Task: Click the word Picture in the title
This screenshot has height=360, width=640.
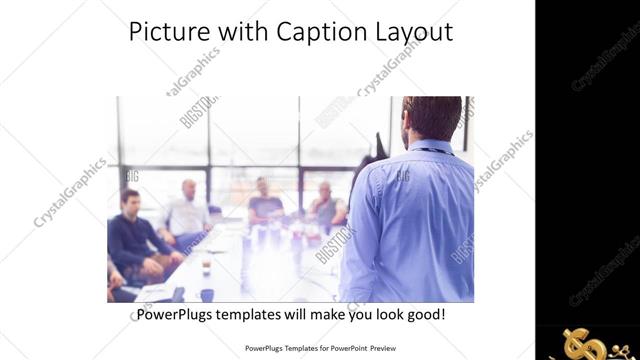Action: coord(166,32)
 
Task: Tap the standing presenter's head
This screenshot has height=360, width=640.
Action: coord(432,118)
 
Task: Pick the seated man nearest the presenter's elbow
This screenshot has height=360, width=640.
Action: coord(324,206)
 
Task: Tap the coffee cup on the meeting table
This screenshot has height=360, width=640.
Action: coord(206,268)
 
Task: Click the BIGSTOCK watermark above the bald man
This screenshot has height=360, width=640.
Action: coord(197,112)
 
